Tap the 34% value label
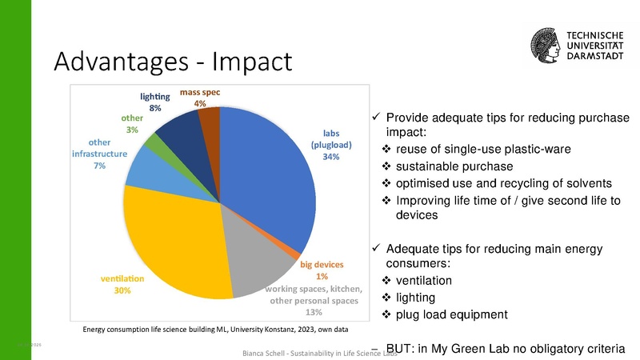331,158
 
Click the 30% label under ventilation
122,290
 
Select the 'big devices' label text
321,265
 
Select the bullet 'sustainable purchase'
450,166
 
